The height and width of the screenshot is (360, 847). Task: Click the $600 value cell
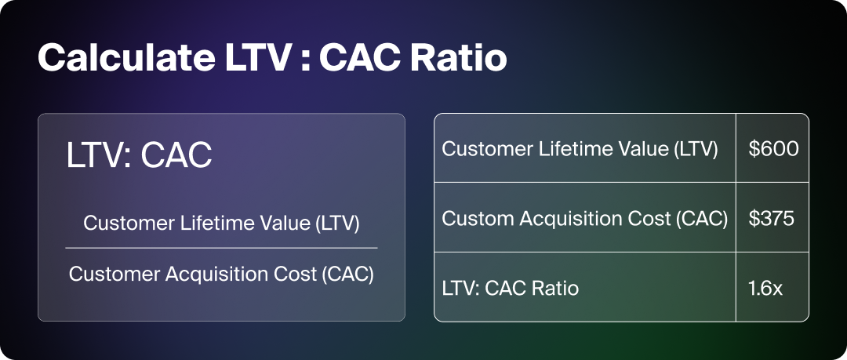pos(772,149)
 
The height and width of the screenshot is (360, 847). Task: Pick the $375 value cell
pos(772,218)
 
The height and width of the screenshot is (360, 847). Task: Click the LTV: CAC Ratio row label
pos(511,288)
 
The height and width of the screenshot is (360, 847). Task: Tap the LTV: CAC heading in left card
pos(139,155)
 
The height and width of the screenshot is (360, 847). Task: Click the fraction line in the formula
pos(221,248)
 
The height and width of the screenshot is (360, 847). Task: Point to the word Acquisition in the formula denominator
pos(214,274)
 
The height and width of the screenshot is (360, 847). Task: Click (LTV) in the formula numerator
pos(336,224)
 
